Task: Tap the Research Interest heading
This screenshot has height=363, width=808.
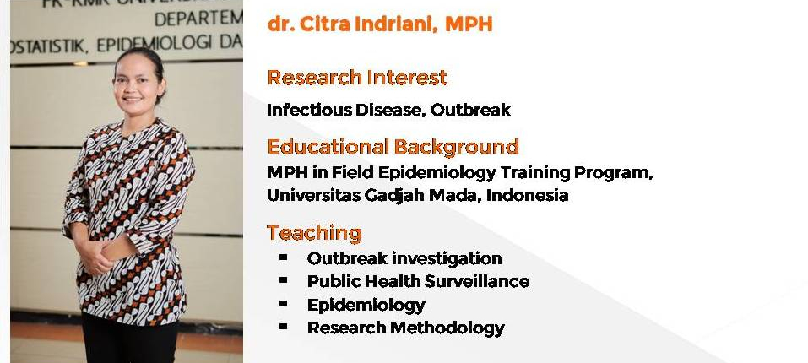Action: point(357,78)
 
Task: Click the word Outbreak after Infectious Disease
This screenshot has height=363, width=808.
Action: point(470,110)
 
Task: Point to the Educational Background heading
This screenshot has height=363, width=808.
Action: point(393,147)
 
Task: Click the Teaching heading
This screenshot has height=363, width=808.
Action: point(314,233)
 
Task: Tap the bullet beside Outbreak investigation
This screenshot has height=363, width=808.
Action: point(284,257)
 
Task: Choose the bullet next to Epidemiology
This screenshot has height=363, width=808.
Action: point(284,303)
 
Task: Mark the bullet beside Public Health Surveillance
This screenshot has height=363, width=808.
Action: point(284,280)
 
